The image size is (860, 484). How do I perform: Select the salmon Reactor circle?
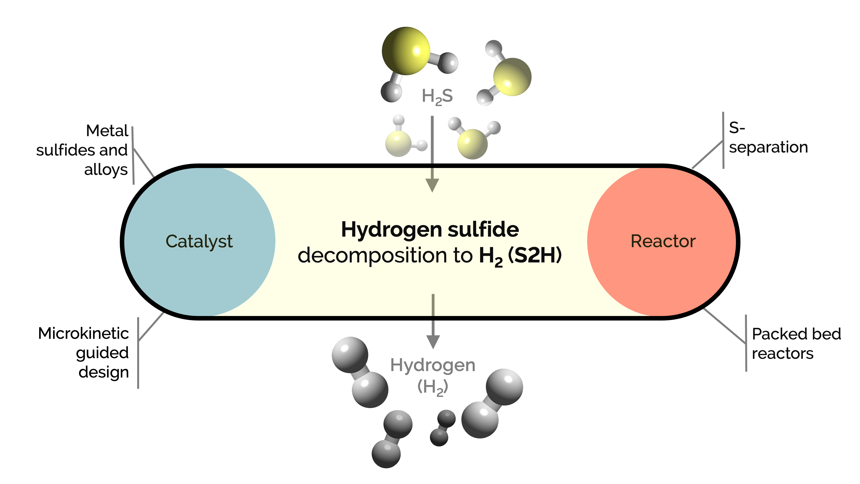click(663, 241)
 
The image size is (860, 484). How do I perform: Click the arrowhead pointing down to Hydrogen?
click(433, 342)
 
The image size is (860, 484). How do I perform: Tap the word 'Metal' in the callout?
click(107, 131)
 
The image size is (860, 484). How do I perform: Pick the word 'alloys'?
click(106, 170)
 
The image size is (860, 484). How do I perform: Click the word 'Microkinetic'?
click(83, 333)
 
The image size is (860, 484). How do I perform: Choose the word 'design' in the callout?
click(103, 372)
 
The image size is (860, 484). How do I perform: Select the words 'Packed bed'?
click(796, 334)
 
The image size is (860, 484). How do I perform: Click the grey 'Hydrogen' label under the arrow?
click(433, 365)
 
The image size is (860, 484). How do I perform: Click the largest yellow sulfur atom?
click(406, 51)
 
